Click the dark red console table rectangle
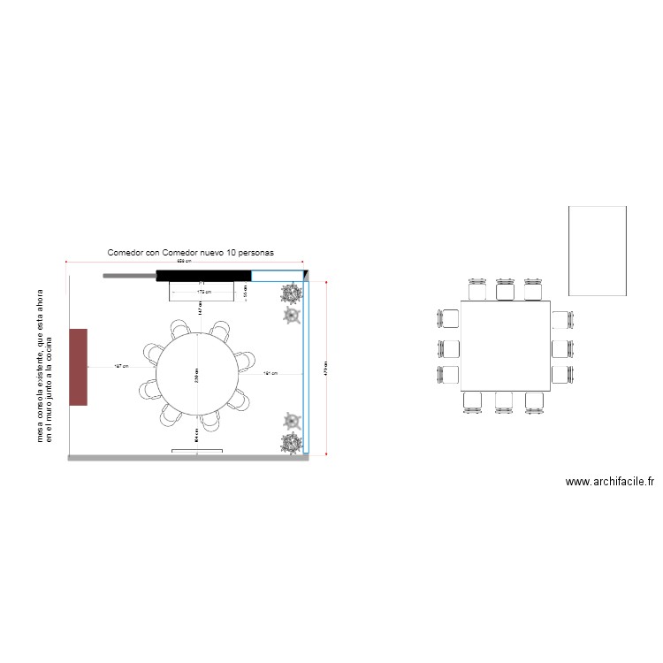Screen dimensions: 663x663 coord(78,367)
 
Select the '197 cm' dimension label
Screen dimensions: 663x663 coord(122,366)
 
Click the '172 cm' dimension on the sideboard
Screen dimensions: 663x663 coord(203,291)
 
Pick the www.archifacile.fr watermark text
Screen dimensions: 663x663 coord(609,482)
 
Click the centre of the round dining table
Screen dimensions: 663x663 coord(197,373)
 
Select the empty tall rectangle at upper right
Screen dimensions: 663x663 coord(597,251)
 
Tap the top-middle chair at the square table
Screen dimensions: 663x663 coord(505,290)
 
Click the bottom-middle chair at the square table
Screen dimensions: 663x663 coord(505,401)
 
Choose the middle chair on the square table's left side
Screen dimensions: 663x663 coord(448,347)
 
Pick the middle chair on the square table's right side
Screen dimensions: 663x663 coord(563,347)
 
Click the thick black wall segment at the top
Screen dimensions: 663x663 coord(203,276)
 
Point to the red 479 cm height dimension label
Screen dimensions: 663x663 coord(326,367)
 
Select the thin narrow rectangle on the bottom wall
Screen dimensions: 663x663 coord(196,451)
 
